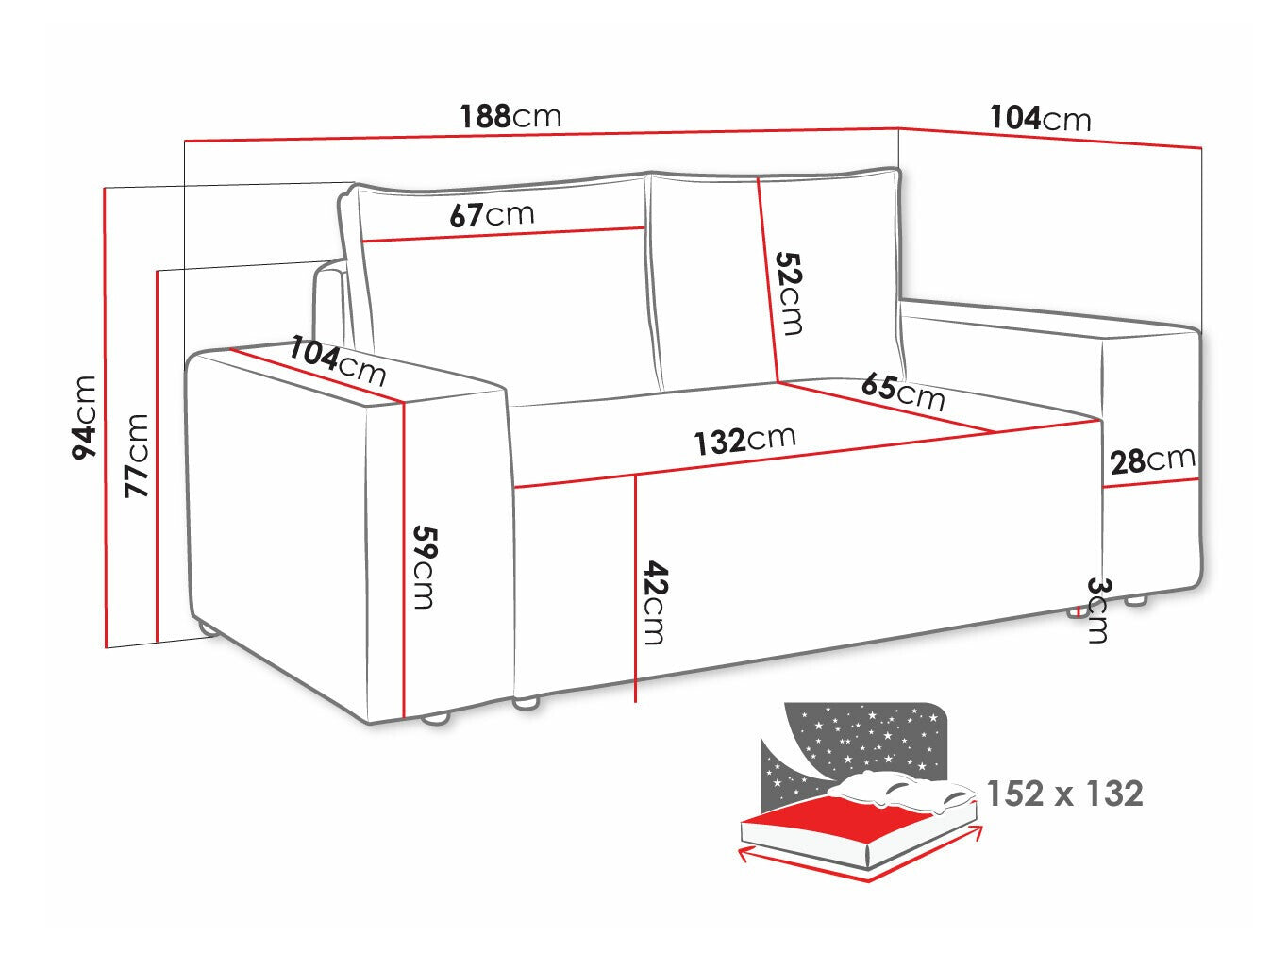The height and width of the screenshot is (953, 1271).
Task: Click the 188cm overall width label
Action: (x=510, y=117)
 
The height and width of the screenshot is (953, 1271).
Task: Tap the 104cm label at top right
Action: (x=1040, y=119)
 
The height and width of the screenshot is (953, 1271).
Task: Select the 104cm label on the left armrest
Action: (x=338, y=360)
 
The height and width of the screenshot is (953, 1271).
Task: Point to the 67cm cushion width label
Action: (x=491, y=215)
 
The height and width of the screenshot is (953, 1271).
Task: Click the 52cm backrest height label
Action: (x=789, y=293)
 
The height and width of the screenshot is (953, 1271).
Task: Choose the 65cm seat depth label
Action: (x=902, y=392)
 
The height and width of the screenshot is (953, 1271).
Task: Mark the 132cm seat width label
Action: (x=744, y=440)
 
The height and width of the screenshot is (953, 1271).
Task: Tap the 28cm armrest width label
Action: (x=1152, y=460)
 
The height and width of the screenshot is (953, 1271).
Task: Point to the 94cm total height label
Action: (x=85, y=416)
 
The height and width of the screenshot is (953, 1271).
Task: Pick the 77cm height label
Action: (x=137, y=455)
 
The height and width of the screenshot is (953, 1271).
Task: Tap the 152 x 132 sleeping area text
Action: (x=1064, y=794)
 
